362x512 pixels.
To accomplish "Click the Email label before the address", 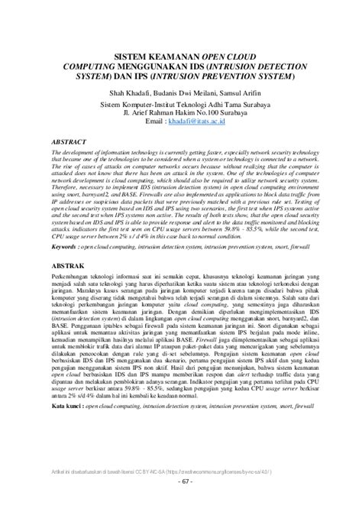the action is [153, 122].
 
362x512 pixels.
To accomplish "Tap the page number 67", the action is [181, 503].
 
